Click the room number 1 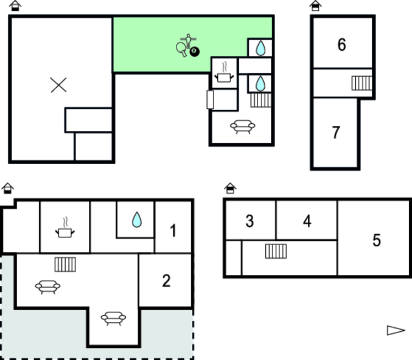point(173,231)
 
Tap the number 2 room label point(167,280)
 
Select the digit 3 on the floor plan point(250,221)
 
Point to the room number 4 point(307,221)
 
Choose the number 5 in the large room point(377,240)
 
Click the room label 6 point(341,44)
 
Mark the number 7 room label point(336,132)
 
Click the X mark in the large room point(58,85)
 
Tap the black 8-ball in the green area point(195,51)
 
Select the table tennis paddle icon point(181,49)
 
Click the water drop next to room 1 point(137,220)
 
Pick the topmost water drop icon point(260,48)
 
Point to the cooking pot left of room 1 point(65,227)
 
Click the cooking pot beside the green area point(224,72)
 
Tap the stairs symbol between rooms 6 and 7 point(362,83)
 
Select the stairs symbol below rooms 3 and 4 point(276,251)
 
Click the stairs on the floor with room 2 point(66,264)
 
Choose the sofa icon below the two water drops point(243,127)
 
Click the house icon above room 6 point(315,6)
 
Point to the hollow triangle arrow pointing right point(396,330)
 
